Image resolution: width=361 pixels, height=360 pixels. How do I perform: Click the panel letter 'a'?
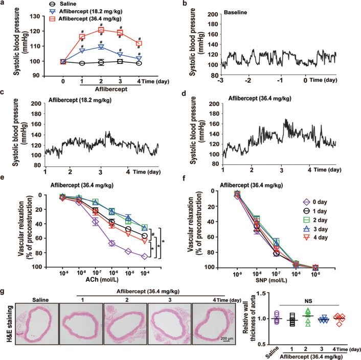4,4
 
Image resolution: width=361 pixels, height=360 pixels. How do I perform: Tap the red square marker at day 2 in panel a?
101,30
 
